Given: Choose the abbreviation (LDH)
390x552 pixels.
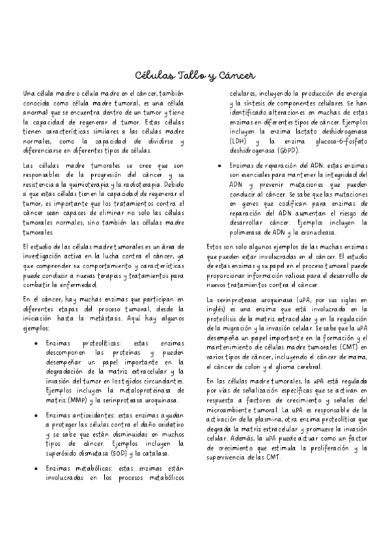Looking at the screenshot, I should click(x=239, y=141).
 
